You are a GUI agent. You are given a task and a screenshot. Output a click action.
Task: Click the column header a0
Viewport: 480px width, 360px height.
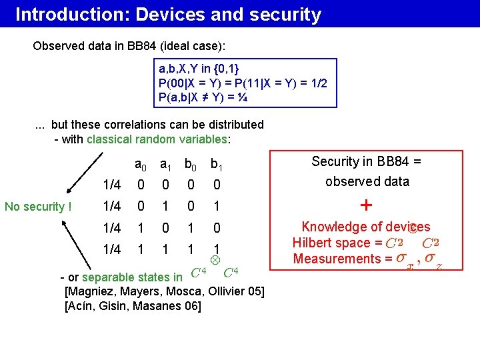(141, 164)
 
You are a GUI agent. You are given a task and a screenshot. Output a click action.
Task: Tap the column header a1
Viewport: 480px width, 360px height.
(166, 164)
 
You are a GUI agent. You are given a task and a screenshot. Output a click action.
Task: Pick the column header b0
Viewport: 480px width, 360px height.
(191, 164)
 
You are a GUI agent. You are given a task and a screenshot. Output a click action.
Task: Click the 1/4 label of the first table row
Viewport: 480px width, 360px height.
(112, 185)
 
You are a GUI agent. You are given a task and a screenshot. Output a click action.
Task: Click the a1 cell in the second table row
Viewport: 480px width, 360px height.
(165, 206)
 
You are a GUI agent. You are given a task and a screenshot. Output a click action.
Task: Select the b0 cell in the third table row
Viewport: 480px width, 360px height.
(191, 228)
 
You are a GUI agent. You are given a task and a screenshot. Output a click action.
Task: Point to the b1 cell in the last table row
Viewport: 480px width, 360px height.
(216, 249)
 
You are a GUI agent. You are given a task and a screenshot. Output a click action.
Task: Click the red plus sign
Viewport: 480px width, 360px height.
(366, 205)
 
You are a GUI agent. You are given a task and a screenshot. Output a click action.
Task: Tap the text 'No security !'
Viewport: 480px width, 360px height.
(38, 207)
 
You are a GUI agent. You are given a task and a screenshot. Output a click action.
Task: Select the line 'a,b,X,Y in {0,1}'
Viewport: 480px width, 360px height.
(199, 69)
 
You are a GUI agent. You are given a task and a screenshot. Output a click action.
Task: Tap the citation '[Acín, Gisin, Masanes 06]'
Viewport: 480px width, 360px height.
(133, 306)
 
